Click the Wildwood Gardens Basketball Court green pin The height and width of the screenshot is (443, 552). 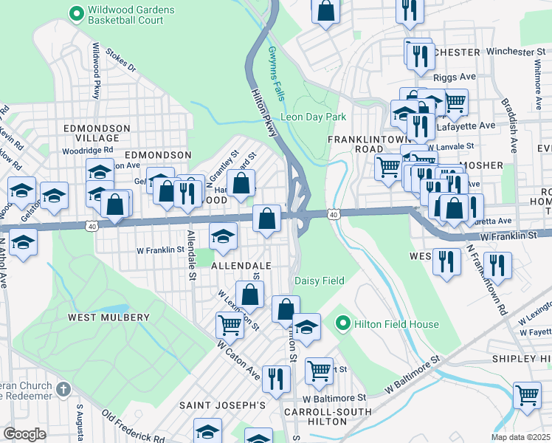[x=75, y=13]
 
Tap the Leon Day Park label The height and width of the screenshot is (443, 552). [x=313, y=117]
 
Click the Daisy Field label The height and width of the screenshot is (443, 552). [x=320, y=281]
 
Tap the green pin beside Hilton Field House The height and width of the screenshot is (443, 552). [x=342, y=324]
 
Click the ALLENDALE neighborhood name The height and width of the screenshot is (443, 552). [x=241, y=264]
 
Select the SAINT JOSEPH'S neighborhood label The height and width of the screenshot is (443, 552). [x=222, y=405]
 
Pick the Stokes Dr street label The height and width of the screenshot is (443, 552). [x=121, y=61]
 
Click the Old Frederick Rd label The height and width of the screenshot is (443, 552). [x=133, y=426]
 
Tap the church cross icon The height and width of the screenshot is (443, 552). [x=64, y=388]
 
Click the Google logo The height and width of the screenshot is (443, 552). [x=24, y=434]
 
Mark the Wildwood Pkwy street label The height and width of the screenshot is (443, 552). [x=95, y=70]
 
